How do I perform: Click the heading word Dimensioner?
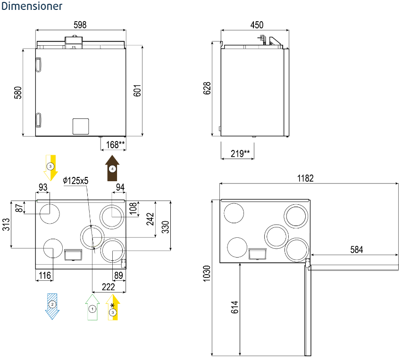click(x=32, y=7)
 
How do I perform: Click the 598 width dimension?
click(x=80, y=25)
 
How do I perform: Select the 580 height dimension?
click(x=18, y=92)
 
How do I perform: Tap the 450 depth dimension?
click(x=257, y=25)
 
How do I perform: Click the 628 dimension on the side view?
click(x=207, y=89)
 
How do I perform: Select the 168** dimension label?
click(x=115, y=145)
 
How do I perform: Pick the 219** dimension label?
click(x=240, y=153)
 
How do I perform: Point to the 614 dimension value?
click(x=235, y=307)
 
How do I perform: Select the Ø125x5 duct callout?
click(x=76, y=180)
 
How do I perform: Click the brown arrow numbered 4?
click(x=112, y=169)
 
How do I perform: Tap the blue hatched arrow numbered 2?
click(x=52, y=306)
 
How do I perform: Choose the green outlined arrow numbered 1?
click(x=92, y=307)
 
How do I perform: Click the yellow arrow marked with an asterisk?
click(x=113, y=307)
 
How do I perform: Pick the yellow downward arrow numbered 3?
click(x=50, y=167)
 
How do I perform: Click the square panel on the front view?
click(x=80, y=126)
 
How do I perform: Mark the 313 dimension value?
click(x=6, y=225)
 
